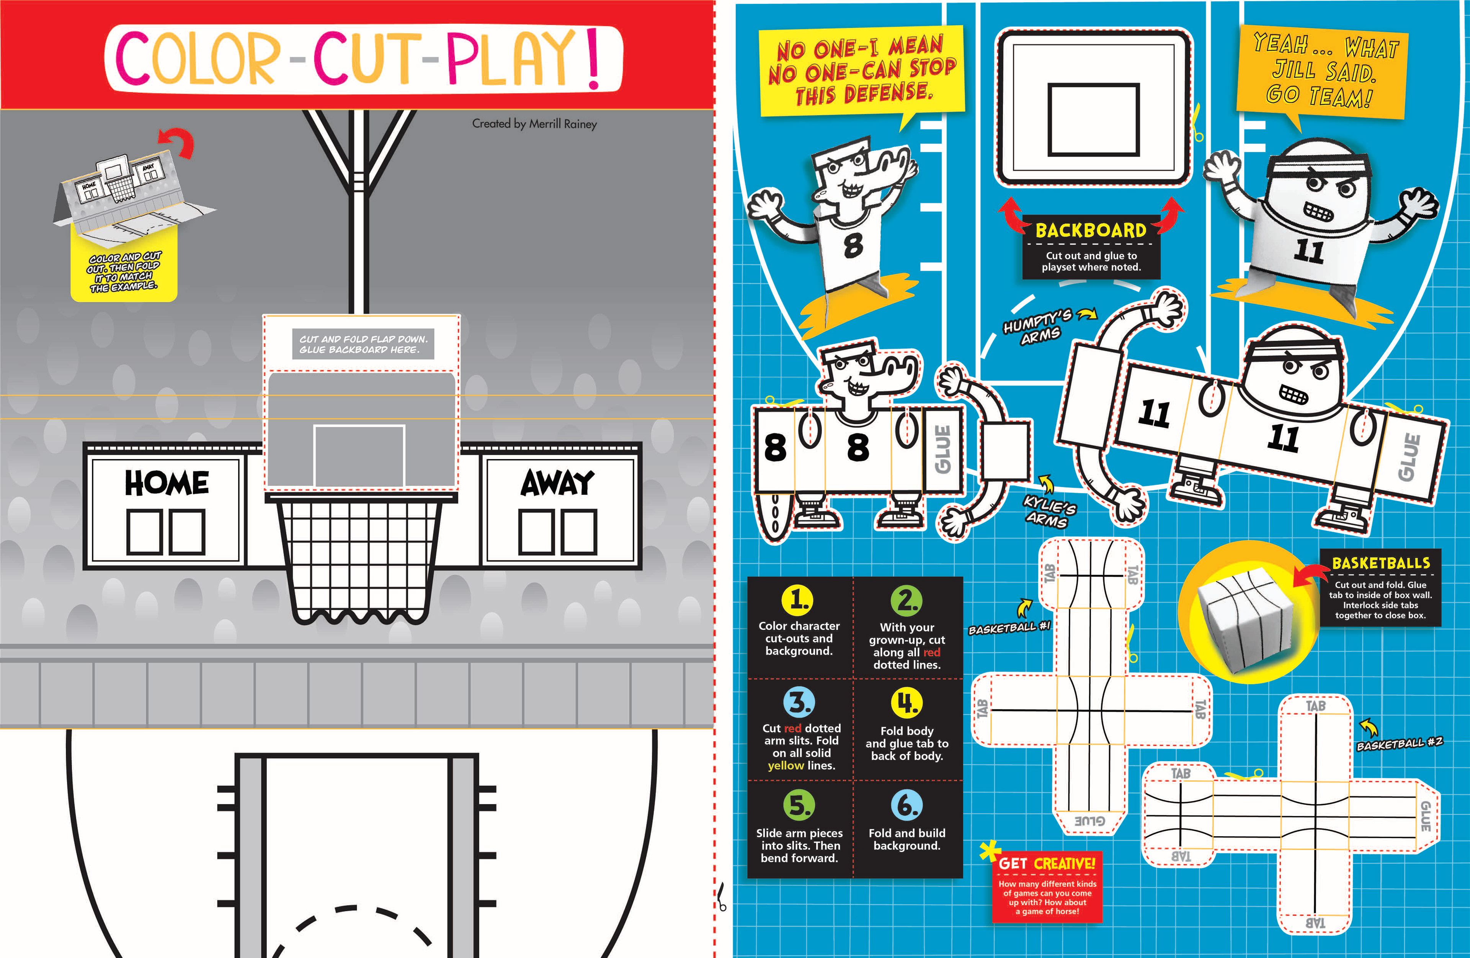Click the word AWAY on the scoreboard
click(557, 482)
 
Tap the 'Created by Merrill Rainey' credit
click(534, 124)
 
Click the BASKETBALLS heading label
click(1381, 563)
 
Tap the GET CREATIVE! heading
click(1047, 863)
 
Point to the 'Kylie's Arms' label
click(1049, 512)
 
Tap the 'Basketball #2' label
click(1399, 744)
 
